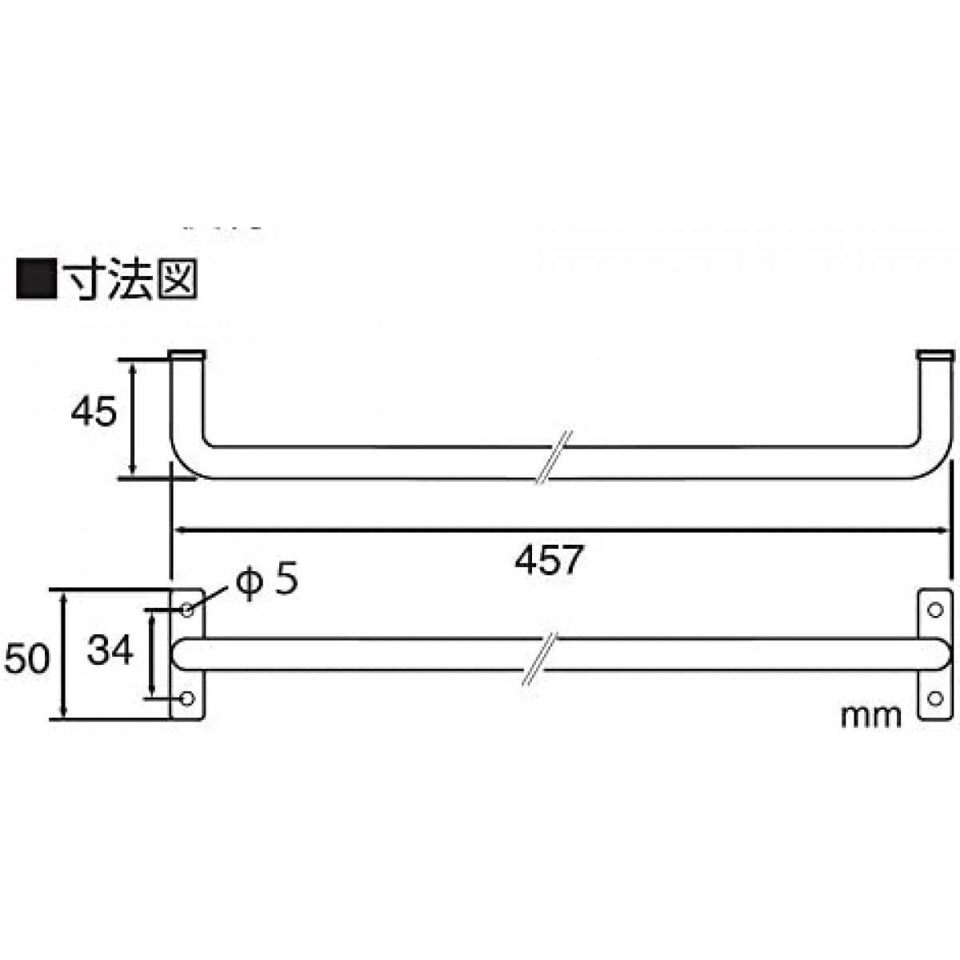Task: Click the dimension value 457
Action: coord(549,560)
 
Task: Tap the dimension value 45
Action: coord(93,411)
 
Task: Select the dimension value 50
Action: coord(26,658)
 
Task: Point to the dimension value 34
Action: coord(110,650)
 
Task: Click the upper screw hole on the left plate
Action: coord(187,610)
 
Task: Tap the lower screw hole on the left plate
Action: coord(187,699)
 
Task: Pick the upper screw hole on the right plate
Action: coord(935,610)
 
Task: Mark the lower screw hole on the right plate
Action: coord(935,699)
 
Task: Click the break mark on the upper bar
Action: coord(554,458)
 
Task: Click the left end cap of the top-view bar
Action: coord(187,354)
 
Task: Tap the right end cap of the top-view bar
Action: coord(935,354)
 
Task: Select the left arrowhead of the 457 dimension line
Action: coord(182,530)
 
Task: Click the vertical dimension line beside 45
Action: coord(133,418)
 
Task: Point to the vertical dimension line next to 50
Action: coord(64,656)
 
